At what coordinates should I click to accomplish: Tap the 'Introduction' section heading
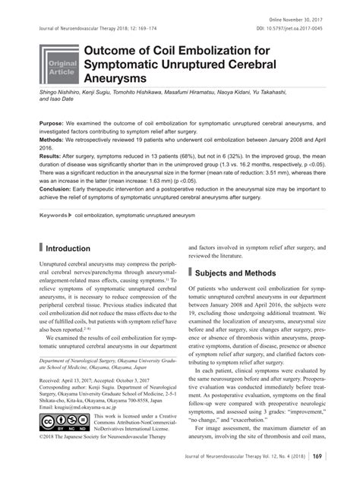[69, 248]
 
